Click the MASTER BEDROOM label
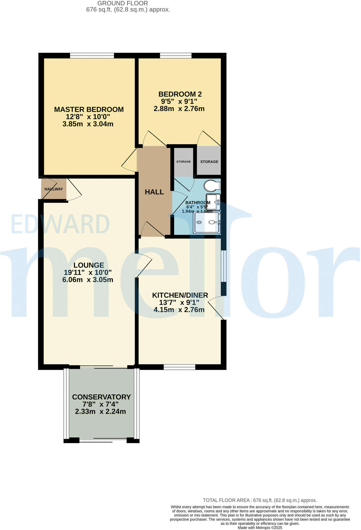coord(89,109)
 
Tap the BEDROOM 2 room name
coord(180,94)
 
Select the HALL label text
coord(154,192)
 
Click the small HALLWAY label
coord(54,189)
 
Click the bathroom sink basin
coord(213,202)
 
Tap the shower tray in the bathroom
coord(207,223)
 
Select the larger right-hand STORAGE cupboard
coord(209,161)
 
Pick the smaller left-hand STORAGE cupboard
coord(183,161)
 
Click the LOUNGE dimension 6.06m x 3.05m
coord(88,280)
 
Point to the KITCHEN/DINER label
coord(180,295)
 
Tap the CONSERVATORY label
coord(101,397)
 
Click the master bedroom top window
coord(92,56)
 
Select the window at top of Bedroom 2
coord(176,56)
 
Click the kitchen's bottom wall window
coord(179,367)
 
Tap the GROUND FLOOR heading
coord(123,3)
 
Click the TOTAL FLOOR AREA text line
coord(260,500)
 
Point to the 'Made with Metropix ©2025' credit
coord(260,528)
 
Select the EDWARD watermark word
coord(60,224)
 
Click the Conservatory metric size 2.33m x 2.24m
coord(100,412)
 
